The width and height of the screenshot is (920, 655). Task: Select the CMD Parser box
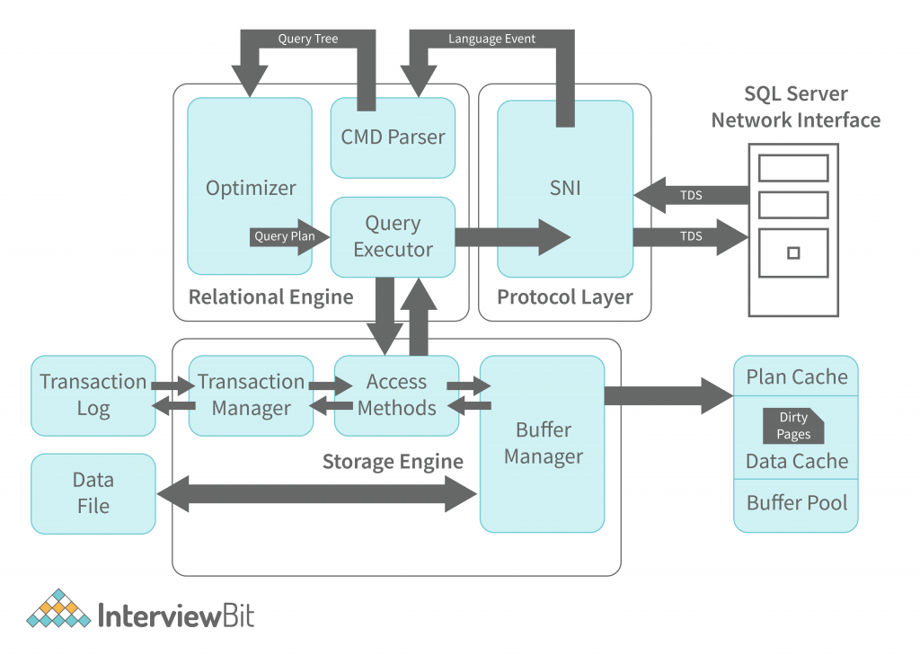[x=393, y=137]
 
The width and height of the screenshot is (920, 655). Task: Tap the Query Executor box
[x=393, y=236]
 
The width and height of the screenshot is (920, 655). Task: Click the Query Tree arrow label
[x=307, y=39]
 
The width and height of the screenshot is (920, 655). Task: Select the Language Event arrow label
[x=491, y=39]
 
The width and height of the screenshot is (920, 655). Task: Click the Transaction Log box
[x=93, y=395]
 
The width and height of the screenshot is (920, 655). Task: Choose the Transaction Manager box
[x=251, y=395]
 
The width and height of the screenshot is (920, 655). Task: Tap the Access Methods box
[x=396, y=395]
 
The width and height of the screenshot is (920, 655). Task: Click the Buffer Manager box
[x=542, y=443]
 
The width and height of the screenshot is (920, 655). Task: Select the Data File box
[x=93, y=493]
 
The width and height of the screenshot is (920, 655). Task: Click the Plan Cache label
[x=796, y=376]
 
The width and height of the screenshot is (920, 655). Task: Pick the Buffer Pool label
[x=796, y=502]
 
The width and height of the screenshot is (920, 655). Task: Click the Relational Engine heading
[x=270, y=297]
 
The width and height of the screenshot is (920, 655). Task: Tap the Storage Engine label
[x=393, y=462]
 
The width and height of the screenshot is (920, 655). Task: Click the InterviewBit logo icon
[x=58, y=609]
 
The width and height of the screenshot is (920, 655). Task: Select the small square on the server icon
[x=792, y=252]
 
